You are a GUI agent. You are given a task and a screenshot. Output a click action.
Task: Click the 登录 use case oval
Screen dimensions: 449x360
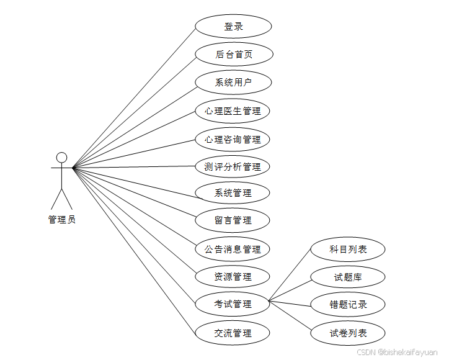(x=233, y=27)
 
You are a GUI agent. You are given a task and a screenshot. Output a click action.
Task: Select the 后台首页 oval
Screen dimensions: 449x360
(x=233, y=54)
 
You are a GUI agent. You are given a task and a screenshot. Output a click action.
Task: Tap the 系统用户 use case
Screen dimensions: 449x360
(x=233, y=82)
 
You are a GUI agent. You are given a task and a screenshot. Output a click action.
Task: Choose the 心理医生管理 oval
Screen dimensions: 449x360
(x=233, y=111)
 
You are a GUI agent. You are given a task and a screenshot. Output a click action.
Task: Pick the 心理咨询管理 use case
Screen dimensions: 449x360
(x=233, y=139)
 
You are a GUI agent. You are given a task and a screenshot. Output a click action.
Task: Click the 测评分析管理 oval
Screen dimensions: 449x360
(x=233, y=166)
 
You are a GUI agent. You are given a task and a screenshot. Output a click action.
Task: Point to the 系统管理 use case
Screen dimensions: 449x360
(x=233, y=193)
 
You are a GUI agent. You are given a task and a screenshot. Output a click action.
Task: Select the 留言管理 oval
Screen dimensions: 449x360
(x=233, y=220)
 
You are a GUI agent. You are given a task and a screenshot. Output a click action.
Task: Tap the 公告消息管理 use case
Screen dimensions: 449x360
(x=233, y=249)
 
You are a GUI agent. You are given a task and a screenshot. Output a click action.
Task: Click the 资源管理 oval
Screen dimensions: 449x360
(x=233, y=276)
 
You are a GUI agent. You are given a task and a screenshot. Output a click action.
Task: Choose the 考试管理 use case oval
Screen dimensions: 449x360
(x=233, y=304)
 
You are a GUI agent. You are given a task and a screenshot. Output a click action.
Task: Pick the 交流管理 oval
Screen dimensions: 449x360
(x=233, y=333)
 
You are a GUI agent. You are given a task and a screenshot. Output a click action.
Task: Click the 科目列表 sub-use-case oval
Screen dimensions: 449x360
(x=348, y=249)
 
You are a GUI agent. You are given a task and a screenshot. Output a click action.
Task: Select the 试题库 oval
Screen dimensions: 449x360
(x=348, y=277)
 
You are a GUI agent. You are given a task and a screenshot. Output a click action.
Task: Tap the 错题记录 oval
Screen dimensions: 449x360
(x=348, y=305)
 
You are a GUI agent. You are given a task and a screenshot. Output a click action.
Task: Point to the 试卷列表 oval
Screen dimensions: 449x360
(x=348, y=333)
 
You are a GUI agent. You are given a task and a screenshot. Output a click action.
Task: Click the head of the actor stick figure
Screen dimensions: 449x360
(x=61, y=157)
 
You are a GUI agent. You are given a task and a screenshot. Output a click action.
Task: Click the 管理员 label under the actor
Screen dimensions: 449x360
(x=61, y=219)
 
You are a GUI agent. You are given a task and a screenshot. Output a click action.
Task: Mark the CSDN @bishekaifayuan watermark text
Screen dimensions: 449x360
(x=397, y=352)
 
